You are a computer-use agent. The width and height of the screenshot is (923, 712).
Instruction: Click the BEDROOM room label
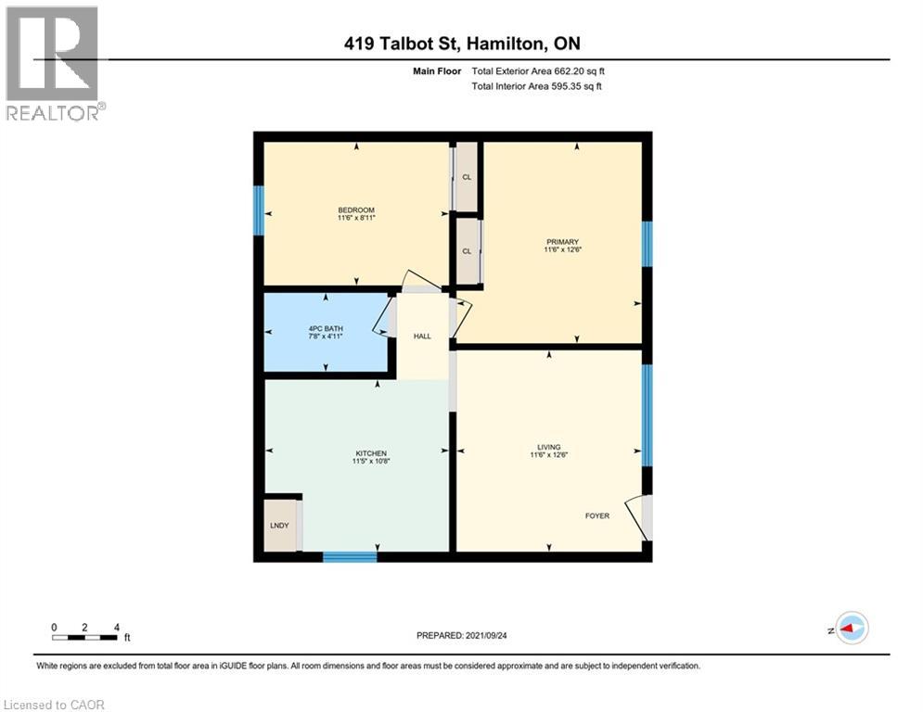pos(356,210)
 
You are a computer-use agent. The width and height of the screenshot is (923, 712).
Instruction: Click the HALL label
pos(422,336)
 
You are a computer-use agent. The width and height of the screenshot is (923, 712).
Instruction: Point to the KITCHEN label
pos(369,453)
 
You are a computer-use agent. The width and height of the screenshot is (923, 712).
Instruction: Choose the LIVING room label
pos(548,447)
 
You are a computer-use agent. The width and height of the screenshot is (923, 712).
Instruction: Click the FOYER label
pos(596,515)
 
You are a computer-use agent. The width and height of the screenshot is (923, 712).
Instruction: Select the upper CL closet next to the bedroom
pos(467,176)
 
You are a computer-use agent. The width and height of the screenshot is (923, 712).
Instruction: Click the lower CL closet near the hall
pos(467,250)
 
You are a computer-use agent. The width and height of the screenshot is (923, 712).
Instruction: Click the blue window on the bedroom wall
pos(259,210)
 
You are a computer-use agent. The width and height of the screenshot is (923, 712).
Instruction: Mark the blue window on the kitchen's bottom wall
pos(350,557)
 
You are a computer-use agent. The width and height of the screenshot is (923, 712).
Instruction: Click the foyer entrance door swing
pos(636,515)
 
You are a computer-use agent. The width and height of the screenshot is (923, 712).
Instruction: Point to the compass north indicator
pos(851,629)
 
